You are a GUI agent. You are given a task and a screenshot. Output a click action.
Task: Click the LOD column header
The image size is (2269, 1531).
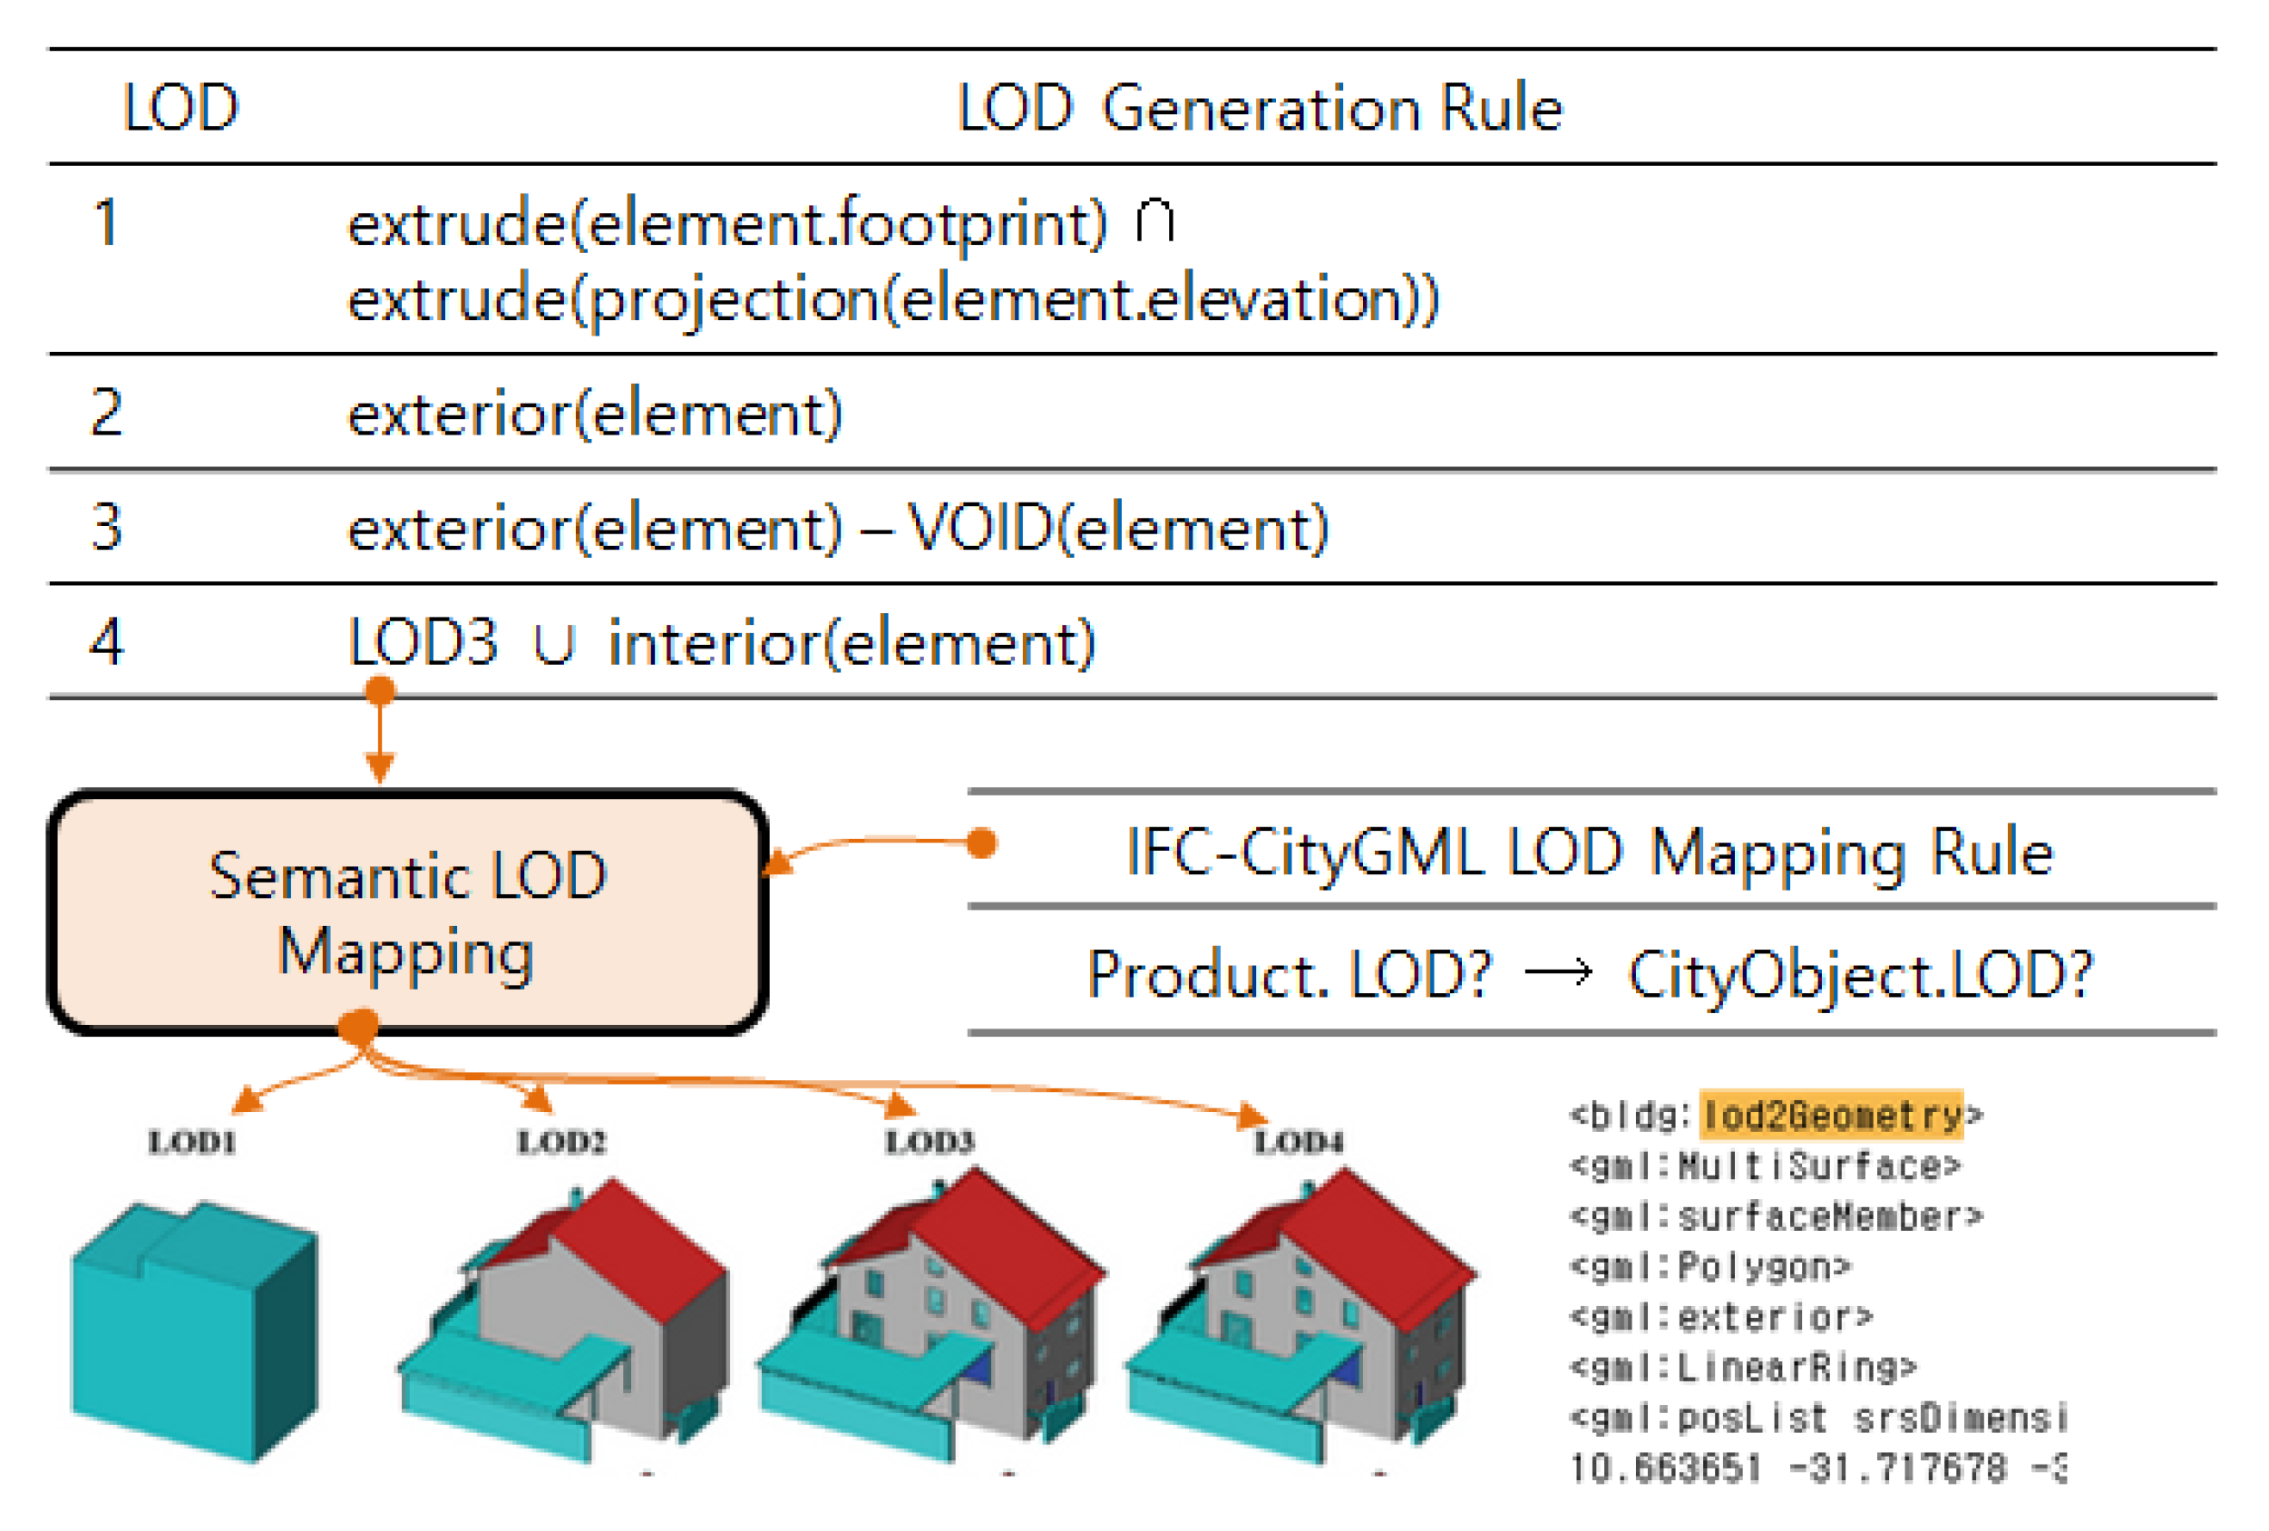click(x=180, y=107)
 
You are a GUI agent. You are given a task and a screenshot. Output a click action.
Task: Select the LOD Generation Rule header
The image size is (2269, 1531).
click(x=1260, y=107)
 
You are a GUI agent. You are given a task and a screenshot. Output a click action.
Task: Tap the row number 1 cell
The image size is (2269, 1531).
click(x=105, y=222)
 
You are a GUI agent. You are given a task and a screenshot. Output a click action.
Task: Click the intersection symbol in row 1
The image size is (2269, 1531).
click(x=1155, y=221)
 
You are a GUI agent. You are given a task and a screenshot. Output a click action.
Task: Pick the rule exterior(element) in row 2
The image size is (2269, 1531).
click(x=595, y=414)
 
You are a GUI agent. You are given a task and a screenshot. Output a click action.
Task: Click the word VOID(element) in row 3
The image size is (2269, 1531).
click(x=1119, y=529)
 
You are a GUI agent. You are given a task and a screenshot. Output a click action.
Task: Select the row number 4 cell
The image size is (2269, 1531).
click(x=106, y=643)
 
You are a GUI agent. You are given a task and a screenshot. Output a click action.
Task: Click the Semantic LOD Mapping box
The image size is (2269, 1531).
click(x=407, y=913)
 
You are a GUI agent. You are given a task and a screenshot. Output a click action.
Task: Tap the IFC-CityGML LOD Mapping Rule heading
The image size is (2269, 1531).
click(x=1590, y=853)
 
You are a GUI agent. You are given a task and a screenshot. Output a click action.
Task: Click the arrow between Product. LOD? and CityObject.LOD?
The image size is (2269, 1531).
click(x=1559, y=972)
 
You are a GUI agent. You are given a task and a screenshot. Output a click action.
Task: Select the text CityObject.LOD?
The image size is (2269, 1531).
click(x=1860, y=974)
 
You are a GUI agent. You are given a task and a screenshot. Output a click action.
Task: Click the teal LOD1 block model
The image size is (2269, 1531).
click(x=193, y=1332)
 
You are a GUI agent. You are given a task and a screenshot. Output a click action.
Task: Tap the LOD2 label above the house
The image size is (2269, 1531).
click(x=560, y=1141)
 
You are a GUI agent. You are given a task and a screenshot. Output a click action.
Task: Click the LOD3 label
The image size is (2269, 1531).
click(x=930, y=1141)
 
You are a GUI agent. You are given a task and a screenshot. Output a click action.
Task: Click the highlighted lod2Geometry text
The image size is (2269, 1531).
click(x=1831, y=1115)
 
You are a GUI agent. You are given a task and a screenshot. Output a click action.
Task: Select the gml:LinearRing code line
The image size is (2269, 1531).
click(x=1743, y=1367)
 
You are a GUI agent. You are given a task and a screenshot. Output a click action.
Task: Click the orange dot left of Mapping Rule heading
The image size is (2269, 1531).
click(x=981, y=843)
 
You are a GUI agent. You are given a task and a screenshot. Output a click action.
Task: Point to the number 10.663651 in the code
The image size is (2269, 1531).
click(x=1665, y=1468)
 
